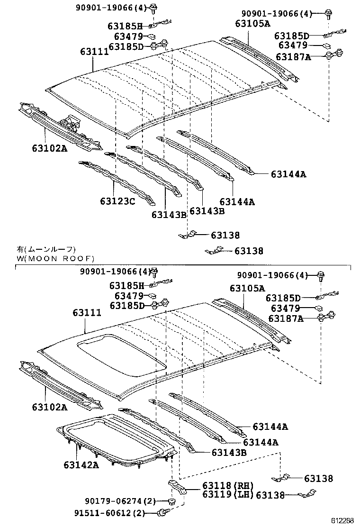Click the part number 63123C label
click(117, 201)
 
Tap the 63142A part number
click(81, 464)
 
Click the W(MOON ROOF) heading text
click(55, 258)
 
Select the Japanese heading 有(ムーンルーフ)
click(45, 249)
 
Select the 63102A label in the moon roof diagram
click(50, 407)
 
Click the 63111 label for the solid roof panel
click(94, 52)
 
